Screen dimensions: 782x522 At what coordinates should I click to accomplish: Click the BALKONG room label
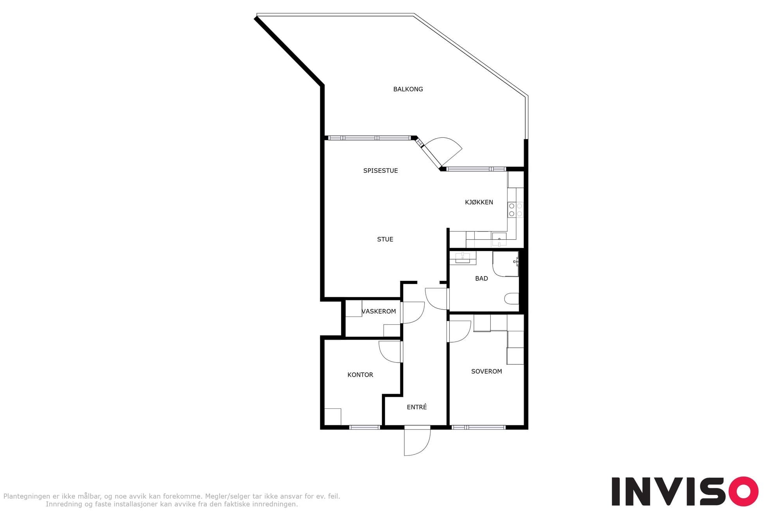point(408,89)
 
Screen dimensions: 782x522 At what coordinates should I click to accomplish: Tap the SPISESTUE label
point(380,171)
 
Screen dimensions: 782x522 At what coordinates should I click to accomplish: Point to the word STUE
point(385,239)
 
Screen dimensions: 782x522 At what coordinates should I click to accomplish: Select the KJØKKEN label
point(479,202)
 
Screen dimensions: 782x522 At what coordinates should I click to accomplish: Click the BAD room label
point(481,278)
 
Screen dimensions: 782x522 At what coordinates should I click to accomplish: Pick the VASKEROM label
point(378,311)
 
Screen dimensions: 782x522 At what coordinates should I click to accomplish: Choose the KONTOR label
point(360,375)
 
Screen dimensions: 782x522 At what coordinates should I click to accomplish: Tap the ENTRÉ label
point(417,407)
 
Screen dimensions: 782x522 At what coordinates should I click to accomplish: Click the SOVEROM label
point(486,371)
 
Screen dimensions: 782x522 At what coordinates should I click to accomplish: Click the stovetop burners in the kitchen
point(515,210)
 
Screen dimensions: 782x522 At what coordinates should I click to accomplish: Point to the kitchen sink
point(499,239)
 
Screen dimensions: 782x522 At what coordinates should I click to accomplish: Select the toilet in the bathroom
point(511,299)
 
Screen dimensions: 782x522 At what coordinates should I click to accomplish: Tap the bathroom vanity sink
point(463,257)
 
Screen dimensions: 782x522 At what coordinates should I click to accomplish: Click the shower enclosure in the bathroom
point(506,264)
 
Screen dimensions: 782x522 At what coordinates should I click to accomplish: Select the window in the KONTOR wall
point(364,427)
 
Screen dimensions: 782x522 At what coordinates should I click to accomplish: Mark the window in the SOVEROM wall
point(479,427)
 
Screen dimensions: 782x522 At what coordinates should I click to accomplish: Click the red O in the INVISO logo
point(743,491)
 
